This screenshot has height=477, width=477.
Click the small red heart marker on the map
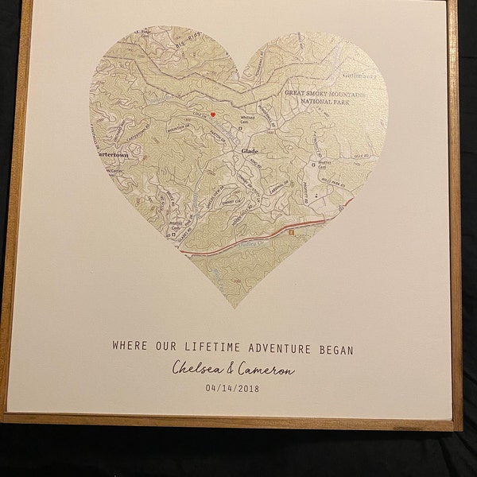tap(213, 114)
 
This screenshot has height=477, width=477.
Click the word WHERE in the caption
tap(130, 347)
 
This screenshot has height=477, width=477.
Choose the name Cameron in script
tap(265, 369)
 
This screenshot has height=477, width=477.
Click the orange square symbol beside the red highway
tap(292, 231)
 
